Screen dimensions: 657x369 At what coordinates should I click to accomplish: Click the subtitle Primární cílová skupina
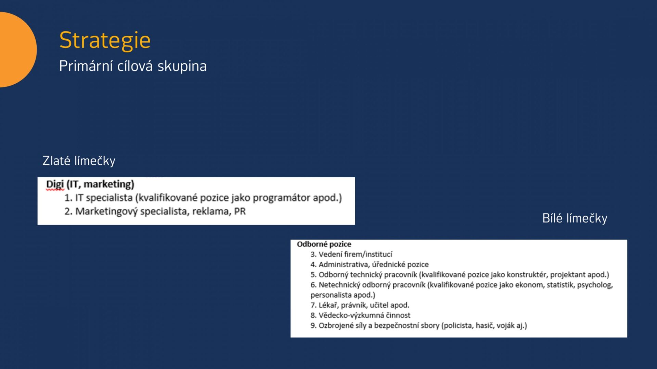point(133,66)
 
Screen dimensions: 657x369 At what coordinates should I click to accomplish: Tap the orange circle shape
point(17,50)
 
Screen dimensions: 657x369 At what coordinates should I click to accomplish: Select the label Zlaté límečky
point(79,161)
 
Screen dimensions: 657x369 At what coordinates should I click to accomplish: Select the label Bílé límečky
point(575,218)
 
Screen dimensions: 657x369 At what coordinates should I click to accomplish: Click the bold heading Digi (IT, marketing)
point(90,184)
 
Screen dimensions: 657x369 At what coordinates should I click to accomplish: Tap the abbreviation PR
point(240,211)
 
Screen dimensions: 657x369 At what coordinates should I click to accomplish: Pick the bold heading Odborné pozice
point(324,244)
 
